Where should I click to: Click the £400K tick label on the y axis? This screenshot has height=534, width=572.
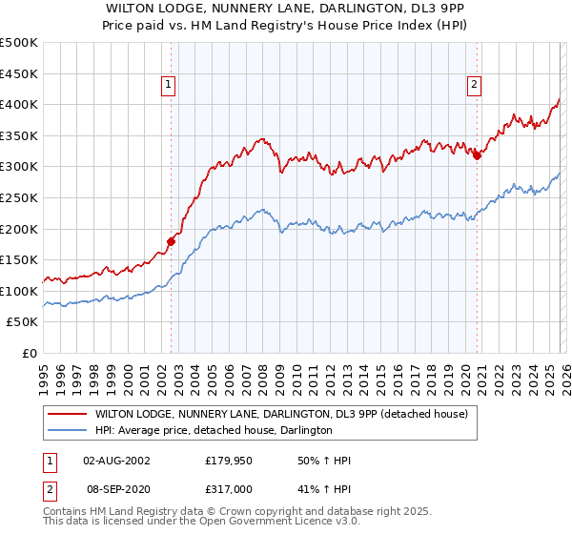[18, 105]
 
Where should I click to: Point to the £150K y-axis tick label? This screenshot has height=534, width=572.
[18, 259]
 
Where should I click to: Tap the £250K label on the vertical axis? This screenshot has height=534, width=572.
[18, 197]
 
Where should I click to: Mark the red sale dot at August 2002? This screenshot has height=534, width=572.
[172, 241]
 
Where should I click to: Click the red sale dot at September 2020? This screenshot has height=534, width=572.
[478, 156]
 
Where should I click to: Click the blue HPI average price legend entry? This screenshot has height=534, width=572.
[213, 431]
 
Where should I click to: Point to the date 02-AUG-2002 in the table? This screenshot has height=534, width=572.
[116, 461]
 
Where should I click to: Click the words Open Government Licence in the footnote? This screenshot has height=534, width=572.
[271, 522]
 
